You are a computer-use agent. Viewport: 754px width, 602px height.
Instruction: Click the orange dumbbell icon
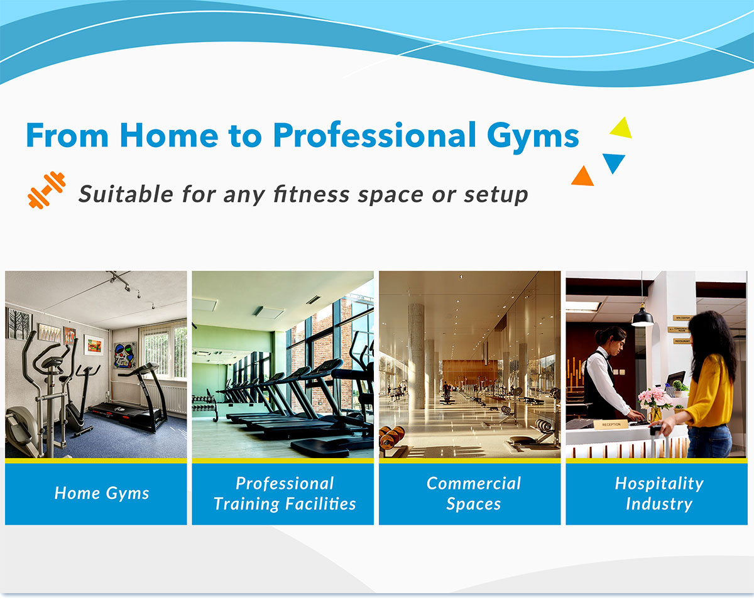click(46, 190)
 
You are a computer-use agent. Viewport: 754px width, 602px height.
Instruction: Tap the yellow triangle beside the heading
click(621, 129)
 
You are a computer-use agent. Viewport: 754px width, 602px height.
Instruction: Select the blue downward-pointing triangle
click(613, 163)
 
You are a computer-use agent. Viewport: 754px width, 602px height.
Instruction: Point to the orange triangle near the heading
click(582, 177)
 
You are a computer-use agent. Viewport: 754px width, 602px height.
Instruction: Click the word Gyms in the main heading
click(533, 138)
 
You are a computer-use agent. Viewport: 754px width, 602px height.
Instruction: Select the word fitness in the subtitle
click(311, 194)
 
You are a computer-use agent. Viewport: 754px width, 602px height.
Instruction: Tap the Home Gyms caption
click(102, 493)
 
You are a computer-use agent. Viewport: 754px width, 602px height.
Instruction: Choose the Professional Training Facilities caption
click(285, 493)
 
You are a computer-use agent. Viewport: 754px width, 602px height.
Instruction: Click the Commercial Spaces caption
click(473, 493)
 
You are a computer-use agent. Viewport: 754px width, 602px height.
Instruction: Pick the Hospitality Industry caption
click(659, 493)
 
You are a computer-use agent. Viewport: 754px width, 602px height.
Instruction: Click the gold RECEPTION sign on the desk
click(611, 425)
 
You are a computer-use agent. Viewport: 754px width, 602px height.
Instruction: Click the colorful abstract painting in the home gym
click(124, 355)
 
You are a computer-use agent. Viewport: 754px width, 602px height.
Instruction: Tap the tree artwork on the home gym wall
click(19, 324)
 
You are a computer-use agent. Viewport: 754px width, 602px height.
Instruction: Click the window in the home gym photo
click(163, 351)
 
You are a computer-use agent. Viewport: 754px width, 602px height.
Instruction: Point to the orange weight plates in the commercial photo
click(391, 438)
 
